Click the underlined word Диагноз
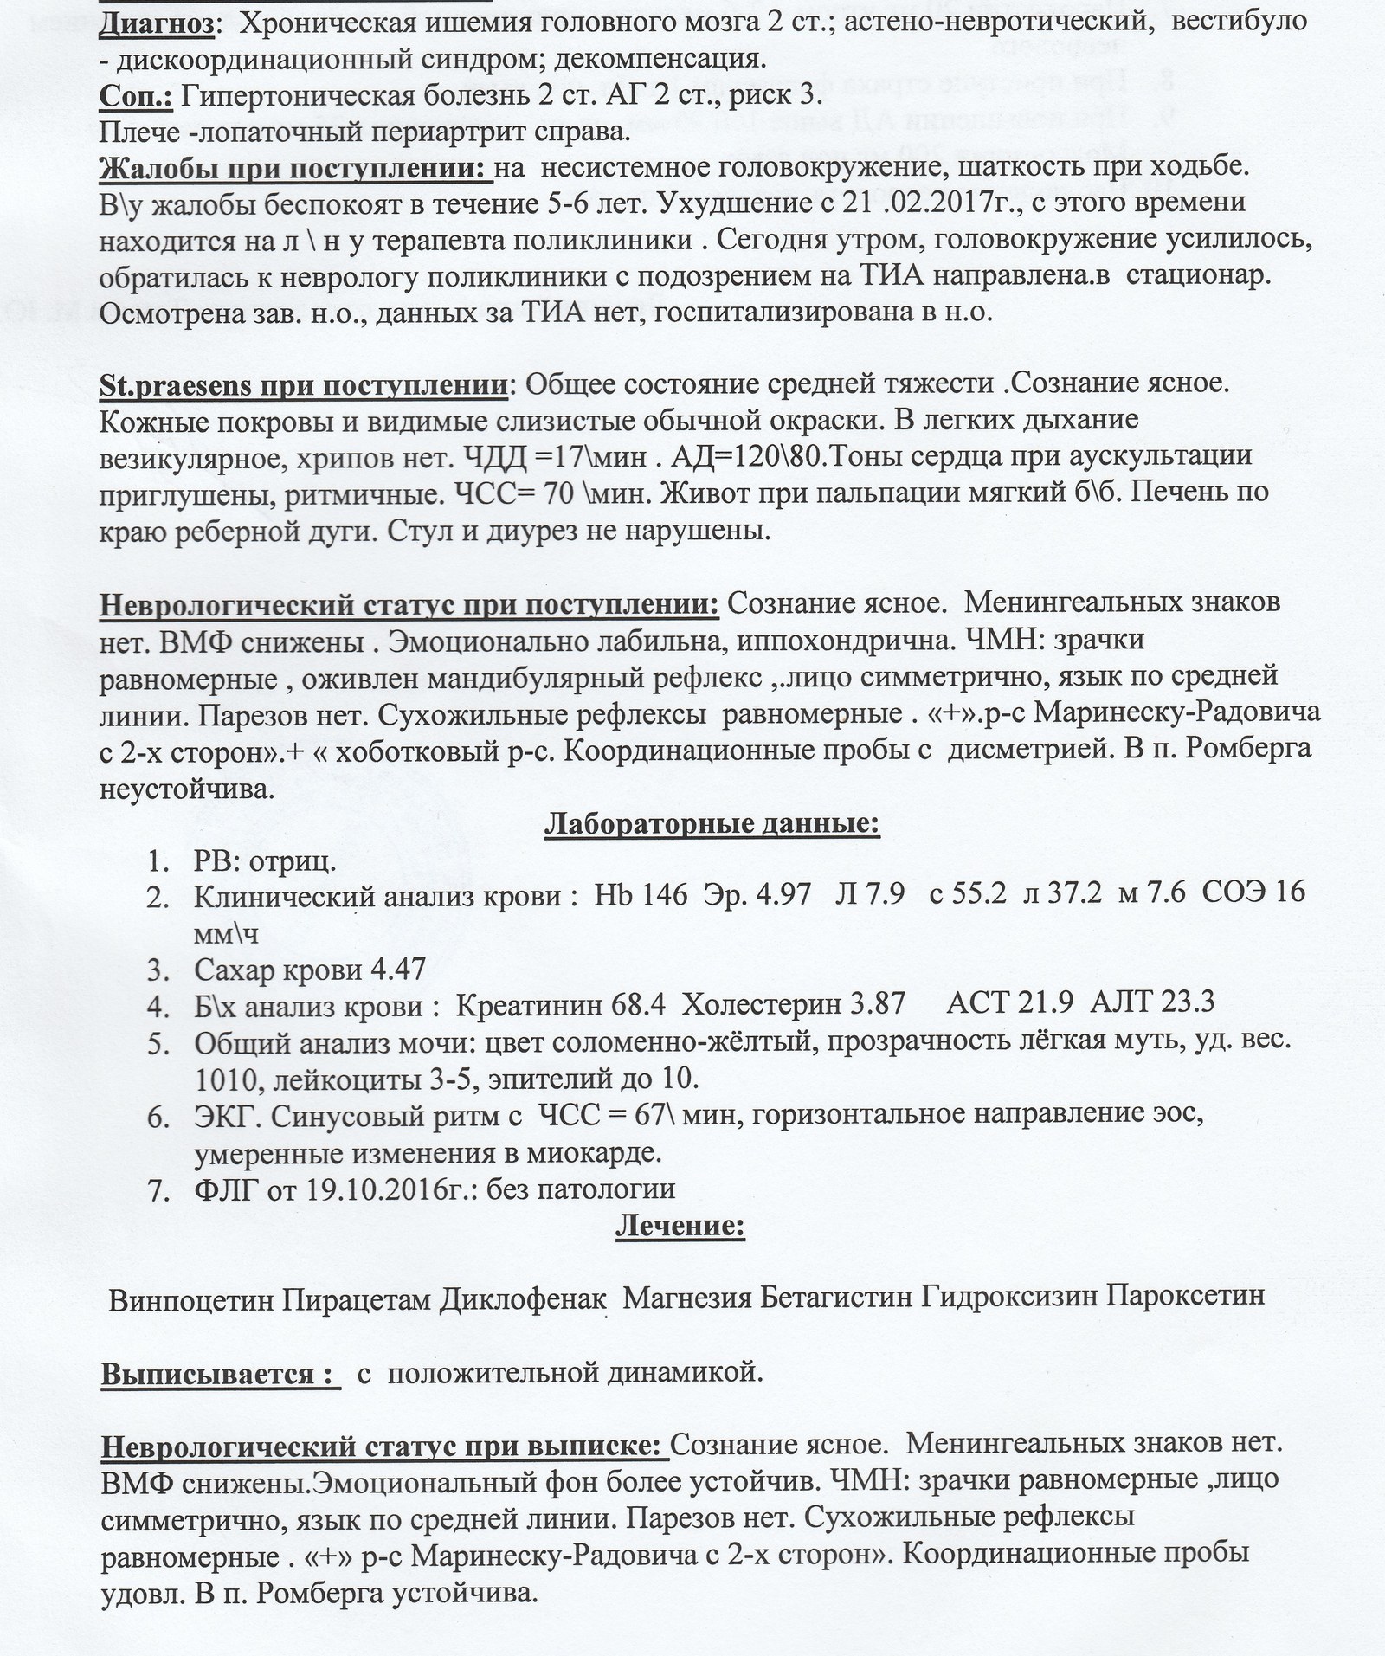[157, 23]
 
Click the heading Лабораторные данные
[712, 824]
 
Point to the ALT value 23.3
[1186, 1003]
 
